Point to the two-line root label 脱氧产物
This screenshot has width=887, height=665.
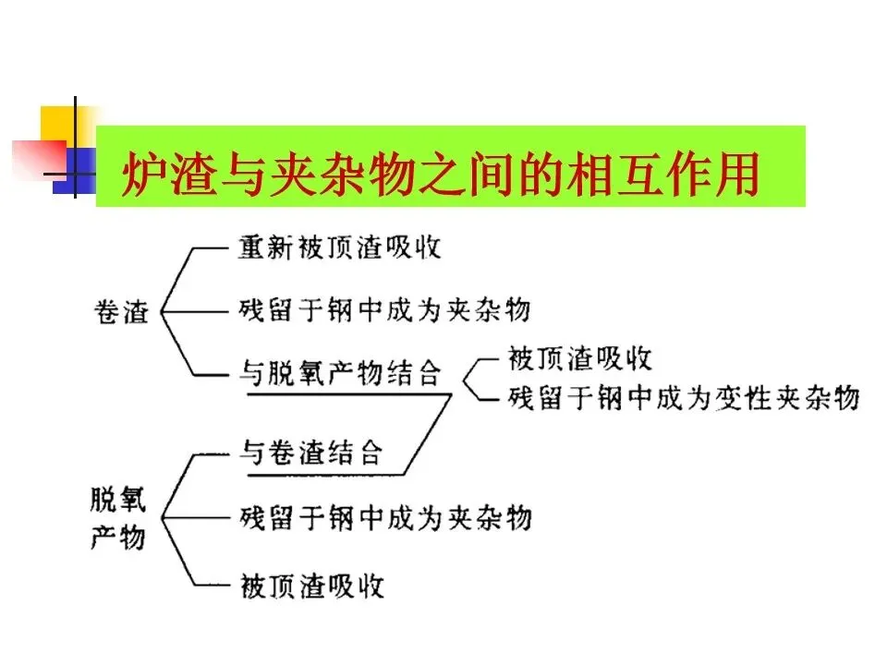[x=117, y=519]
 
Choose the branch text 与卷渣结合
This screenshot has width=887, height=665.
[x=310, y=452]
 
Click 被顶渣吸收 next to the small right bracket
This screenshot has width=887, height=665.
[x=580, y=358]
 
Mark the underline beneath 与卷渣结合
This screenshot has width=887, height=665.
[x=323, y=475]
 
